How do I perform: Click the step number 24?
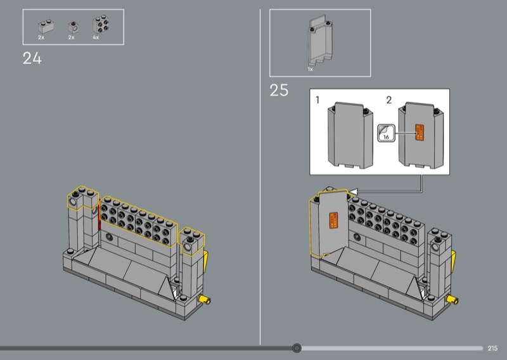32,58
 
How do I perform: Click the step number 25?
279,90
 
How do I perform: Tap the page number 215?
492,348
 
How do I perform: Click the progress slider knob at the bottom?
297,348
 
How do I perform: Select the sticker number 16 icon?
387,133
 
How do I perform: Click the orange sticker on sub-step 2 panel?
420,132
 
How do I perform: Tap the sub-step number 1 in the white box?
318,100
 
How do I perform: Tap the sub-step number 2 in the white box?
389,100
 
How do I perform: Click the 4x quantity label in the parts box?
96,37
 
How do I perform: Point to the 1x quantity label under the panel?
311,69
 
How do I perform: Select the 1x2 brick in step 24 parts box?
46,27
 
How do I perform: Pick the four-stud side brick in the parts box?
101,24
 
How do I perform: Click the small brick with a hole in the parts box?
74,28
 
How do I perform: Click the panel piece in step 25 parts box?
320,41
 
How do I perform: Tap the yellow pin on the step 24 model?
205,300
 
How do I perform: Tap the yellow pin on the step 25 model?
452,300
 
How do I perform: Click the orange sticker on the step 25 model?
334,221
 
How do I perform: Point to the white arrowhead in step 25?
353,192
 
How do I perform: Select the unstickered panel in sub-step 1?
350,135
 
